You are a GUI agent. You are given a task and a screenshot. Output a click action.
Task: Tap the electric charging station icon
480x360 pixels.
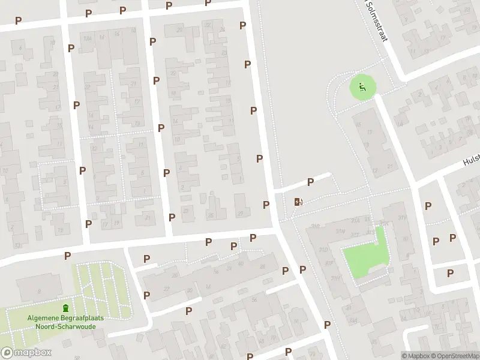[x=298, y=202]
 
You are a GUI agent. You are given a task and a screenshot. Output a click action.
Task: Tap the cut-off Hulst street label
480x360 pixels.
[x=471, y=160]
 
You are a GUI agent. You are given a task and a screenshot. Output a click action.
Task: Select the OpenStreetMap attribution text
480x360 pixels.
[x=455, y=356]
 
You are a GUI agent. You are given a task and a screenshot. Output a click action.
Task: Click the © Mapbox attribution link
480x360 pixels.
[x=416, y=356]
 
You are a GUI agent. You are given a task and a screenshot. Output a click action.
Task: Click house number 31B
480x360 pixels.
[x=316, y=226]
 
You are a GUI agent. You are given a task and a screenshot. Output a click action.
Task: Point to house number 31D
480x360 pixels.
[x=324, y=248]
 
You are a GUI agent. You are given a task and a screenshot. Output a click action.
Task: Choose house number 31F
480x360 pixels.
[x=329, y=263]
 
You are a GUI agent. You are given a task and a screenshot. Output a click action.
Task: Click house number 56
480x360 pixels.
[x=254, y=299]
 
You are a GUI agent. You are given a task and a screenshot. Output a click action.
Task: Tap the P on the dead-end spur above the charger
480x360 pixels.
[x=310, y=182]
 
